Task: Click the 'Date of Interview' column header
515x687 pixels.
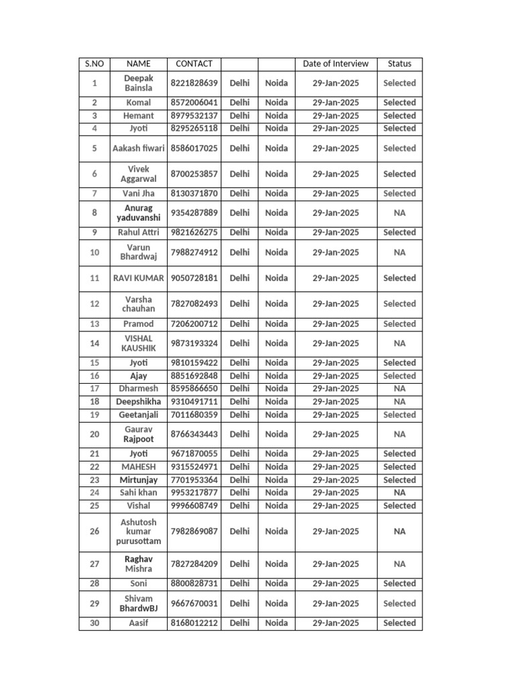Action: click(335, 64)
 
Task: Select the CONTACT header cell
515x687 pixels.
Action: click(194, 64)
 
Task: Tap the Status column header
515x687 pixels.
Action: click(400, 64)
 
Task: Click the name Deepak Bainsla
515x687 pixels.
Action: click(138, 83)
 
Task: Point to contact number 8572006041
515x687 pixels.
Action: click(194, 103)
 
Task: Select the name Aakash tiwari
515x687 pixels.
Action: click(138, 148)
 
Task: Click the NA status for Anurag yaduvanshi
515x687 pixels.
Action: click(400, 213)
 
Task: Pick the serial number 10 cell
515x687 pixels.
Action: click(95, 252)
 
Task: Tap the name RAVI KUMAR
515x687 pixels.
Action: click(138, 278)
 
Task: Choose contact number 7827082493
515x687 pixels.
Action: click(194, 304)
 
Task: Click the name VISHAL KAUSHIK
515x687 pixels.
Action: click(138, 343)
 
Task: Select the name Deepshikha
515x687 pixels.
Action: click(138, 401)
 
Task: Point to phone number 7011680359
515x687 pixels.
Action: click(194, 415)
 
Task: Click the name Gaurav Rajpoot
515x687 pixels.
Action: click(138, 434)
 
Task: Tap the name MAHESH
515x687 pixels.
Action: click(138, 467)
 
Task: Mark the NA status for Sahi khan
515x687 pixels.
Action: click(400, 492)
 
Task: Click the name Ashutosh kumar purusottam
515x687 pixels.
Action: click(138, 531)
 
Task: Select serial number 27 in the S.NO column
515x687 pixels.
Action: click(95, 564)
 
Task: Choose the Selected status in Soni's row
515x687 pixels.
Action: click(400, 584)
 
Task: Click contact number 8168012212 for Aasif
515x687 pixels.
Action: click(194, 623)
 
